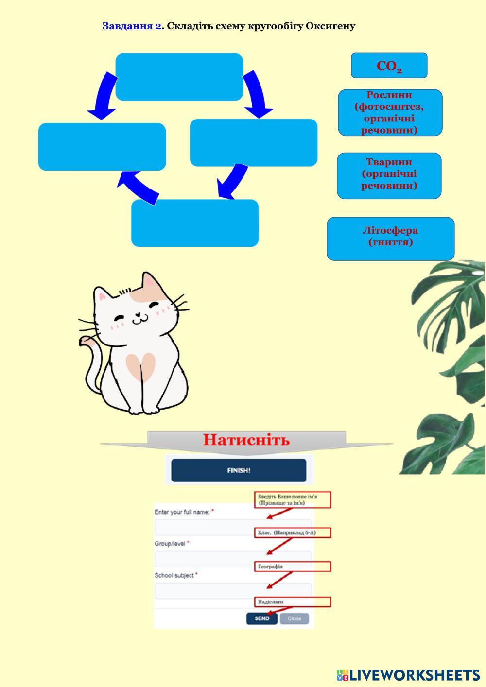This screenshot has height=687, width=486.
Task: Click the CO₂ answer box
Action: (x=389, y=66)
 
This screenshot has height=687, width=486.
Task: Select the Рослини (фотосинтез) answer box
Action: (x=390, y=112)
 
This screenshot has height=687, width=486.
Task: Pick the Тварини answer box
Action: (x=389, y=175)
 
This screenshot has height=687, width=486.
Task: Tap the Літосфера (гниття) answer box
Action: (x=390, y=239)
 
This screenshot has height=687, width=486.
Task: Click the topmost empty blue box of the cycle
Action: (x=179, y=77)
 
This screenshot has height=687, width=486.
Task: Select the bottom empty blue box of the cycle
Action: (x=194, y=223)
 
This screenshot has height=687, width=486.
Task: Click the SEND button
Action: (x=261, y=618)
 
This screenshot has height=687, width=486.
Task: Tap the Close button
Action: (x=294, y=618)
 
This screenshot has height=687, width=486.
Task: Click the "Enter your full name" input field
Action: (x=232, y=527)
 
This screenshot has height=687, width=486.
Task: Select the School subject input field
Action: (x=232, y=591)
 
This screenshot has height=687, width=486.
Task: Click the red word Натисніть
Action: (x=246, y=440)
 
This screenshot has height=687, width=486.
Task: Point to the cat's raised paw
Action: (x=87, y=341)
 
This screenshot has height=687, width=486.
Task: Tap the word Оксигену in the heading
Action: (x=330, y=26)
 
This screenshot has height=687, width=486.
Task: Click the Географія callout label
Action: (x=292, y=567)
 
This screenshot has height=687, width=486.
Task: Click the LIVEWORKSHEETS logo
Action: (x=408, y=675)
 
